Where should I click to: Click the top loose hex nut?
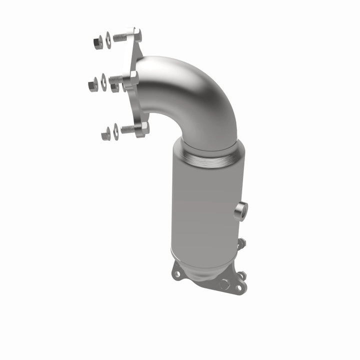click(98, 42)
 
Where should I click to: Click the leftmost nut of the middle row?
click(93, 84)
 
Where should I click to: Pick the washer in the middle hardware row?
click(103, 81)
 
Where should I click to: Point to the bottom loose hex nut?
click(105, 134)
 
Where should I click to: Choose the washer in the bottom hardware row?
click(116, 131)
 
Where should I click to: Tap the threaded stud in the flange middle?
click(116, 79)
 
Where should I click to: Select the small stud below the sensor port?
click(242, 243)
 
